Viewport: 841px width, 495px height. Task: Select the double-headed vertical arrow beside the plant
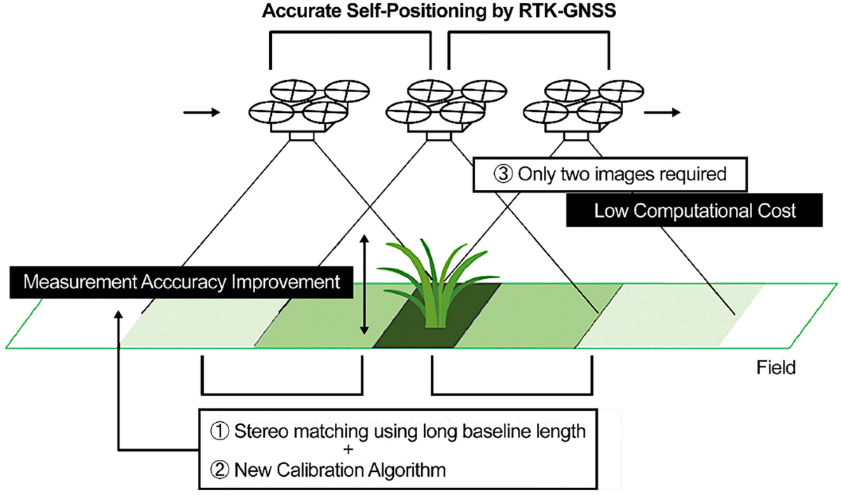point(364,284)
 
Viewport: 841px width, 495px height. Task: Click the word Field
point(776,367)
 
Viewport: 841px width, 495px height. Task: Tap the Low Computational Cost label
point(695,210)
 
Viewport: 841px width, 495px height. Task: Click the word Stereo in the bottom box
point(260,431)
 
